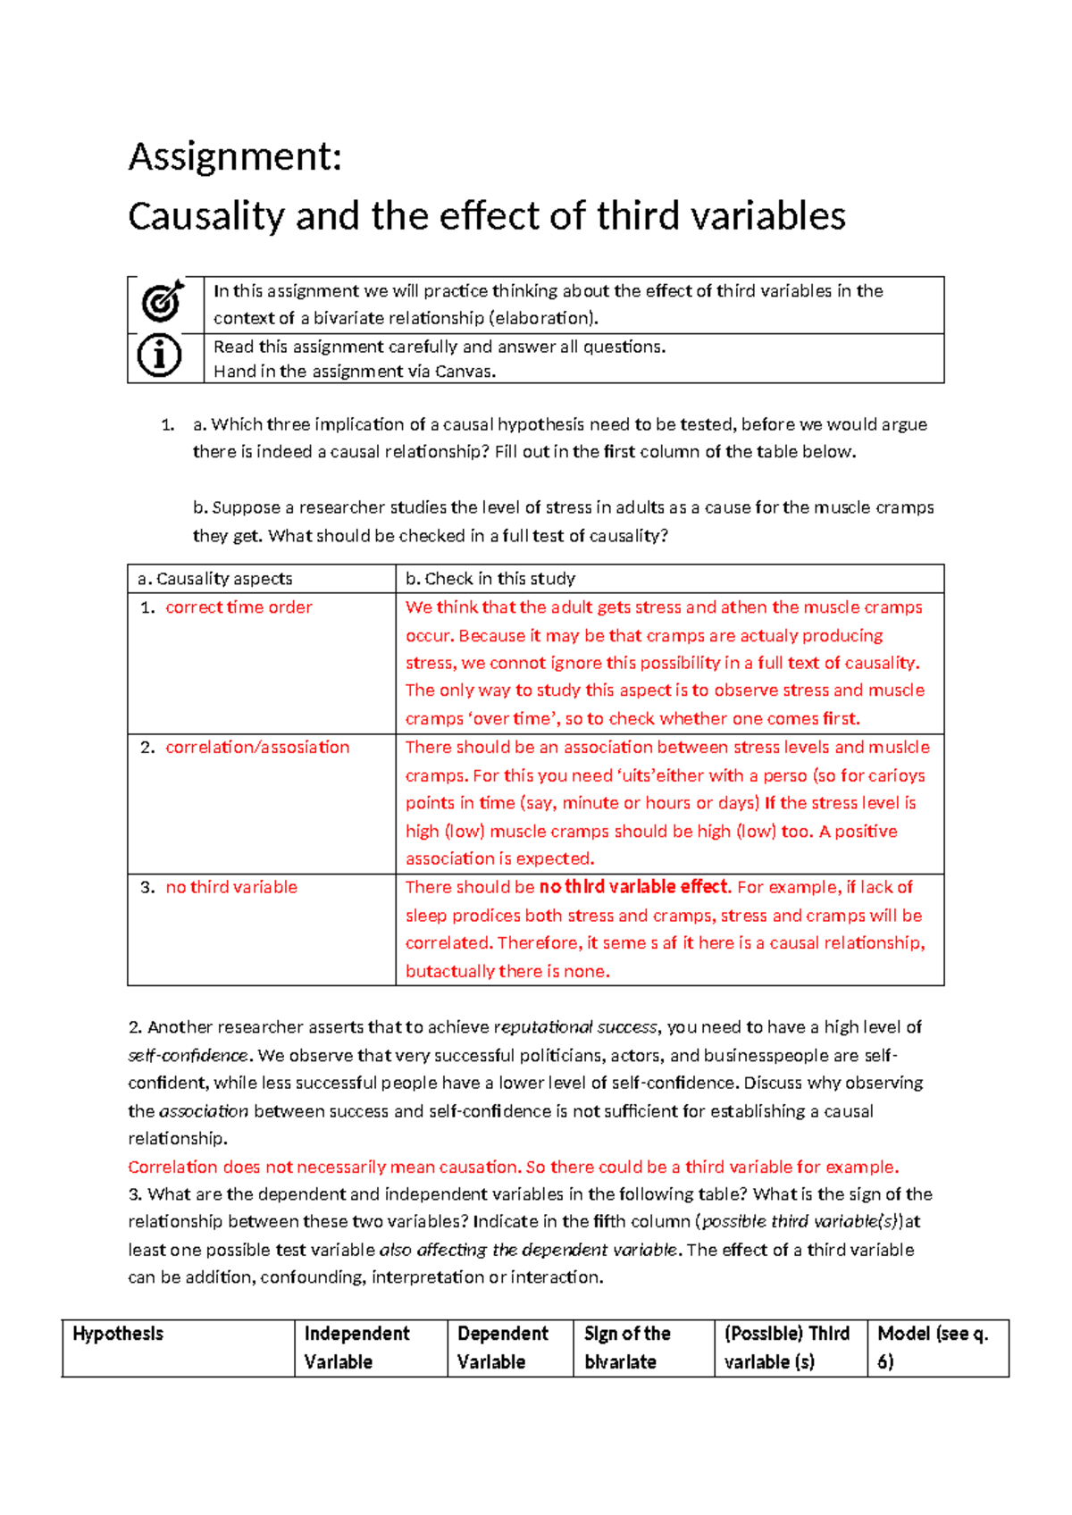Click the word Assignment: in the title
click(235, 157)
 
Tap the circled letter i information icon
click(160, 356)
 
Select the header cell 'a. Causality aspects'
click(215, 579)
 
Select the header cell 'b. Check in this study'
click(490, 579)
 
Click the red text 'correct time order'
click(239, 607)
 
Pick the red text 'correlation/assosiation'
click(257, 748)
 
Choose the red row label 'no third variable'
click(231, 887)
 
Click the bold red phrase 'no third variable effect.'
click(635, 887)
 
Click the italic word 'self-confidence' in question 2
click(188, 1055)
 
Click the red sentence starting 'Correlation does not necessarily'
click(513, 1167)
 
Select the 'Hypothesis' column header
click(118, 1334)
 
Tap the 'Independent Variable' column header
click(356, 1347)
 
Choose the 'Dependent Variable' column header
click(503, 1347)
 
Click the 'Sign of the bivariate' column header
click(627, 1347)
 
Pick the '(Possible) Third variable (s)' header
click(786, 1347)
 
